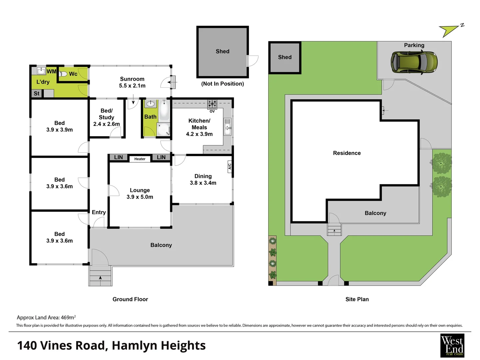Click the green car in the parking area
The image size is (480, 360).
[x=414, y=62]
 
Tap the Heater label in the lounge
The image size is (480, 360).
[x=140, y=159]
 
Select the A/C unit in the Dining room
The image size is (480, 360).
[x=230, y=167]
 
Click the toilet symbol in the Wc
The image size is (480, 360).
[x=63, y=74]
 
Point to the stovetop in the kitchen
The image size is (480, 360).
[x=212, y=104]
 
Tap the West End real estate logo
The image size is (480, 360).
[x=452, y=345]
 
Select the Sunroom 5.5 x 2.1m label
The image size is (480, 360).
[x=132, y=82]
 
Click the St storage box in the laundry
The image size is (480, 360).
[x=37, y=93]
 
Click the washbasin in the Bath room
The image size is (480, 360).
[x=151, y=104]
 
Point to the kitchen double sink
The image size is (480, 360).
[x=228, y=127]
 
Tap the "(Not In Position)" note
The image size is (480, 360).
[x=223, y=84]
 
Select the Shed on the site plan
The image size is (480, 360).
[x=285, y=58]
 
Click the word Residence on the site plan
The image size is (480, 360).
[x=347, y=153]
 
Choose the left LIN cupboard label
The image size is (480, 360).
[x=118, y=157]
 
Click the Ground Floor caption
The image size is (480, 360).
[x=130, y=299]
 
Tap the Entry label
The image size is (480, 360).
[x=99, y=212]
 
